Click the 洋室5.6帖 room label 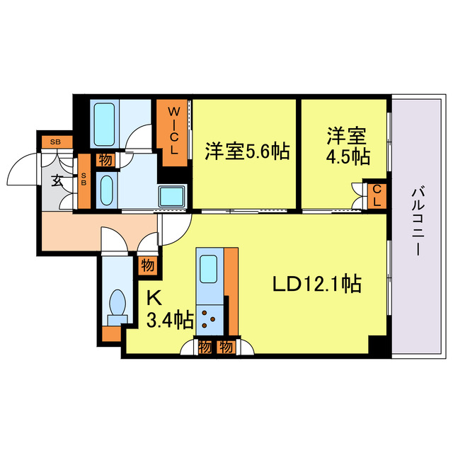247,151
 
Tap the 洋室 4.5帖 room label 348,145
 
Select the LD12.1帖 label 318,285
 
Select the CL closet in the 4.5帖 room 376,194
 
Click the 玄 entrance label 57,180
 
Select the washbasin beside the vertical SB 105,190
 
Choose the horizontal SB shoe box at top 55,142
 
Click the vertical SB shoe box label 84,180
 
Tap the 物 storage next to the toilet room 147,266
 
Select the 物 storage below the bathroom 105,160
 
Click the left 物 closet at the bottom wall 205,347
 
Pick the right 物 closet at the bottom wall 226,347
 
